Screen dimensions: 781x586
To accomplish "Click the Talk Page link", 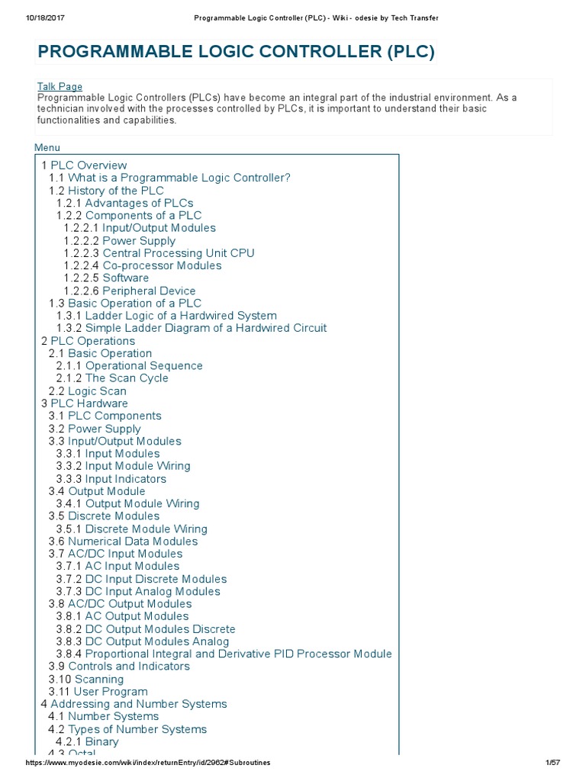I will coord(60,87).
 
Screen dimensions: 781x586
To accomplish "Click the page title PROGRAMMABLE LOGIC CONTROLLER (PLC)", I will coord(236,52).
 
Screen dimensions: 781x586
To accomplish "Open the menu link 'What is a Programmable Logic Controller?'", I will coord(179,178).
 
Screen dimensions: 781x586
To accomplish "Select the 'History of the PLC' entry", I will coord(115,191).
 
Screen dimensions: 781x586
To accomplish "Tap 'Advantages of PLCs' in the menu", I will coord(139,203).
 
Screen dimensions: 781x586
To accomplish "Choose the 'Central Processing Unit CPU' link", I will coord(179,253).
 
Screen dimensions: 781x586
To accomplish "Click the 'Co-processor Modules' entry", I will coord(162,265).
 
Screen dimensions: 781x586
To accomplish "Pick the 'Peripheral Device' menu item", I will coord(149,291).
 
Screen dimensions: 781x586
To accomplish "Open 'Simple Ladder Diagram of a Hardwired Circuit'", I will coord(205,328).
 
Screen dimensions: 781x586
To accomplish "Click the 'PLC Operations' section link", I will coord(92,341).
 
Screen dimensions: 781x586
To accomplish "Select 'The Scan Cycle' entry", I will coord(127,378).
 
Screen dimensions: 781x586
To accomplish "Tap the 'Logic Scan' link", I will coord(97,391).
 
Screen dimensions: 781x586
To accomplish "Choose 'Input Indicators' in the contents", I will coord(125,479).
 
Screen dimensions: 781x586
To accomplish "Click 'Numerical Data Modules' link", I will coord(133,542).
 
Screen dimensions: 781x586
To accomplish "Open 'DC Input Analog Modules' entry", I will coord(153,591).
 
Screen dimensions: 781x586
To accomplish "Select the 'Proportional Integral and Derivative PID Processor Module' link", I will coord(238,654).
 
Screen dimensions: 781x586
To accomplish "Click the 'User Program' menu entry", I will coord(111,692).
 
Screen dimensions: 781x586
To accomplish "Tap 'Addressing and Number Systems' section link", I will coord(138,704).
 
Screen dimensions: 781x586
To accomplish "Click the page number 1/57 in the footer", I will coord(553,763).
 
